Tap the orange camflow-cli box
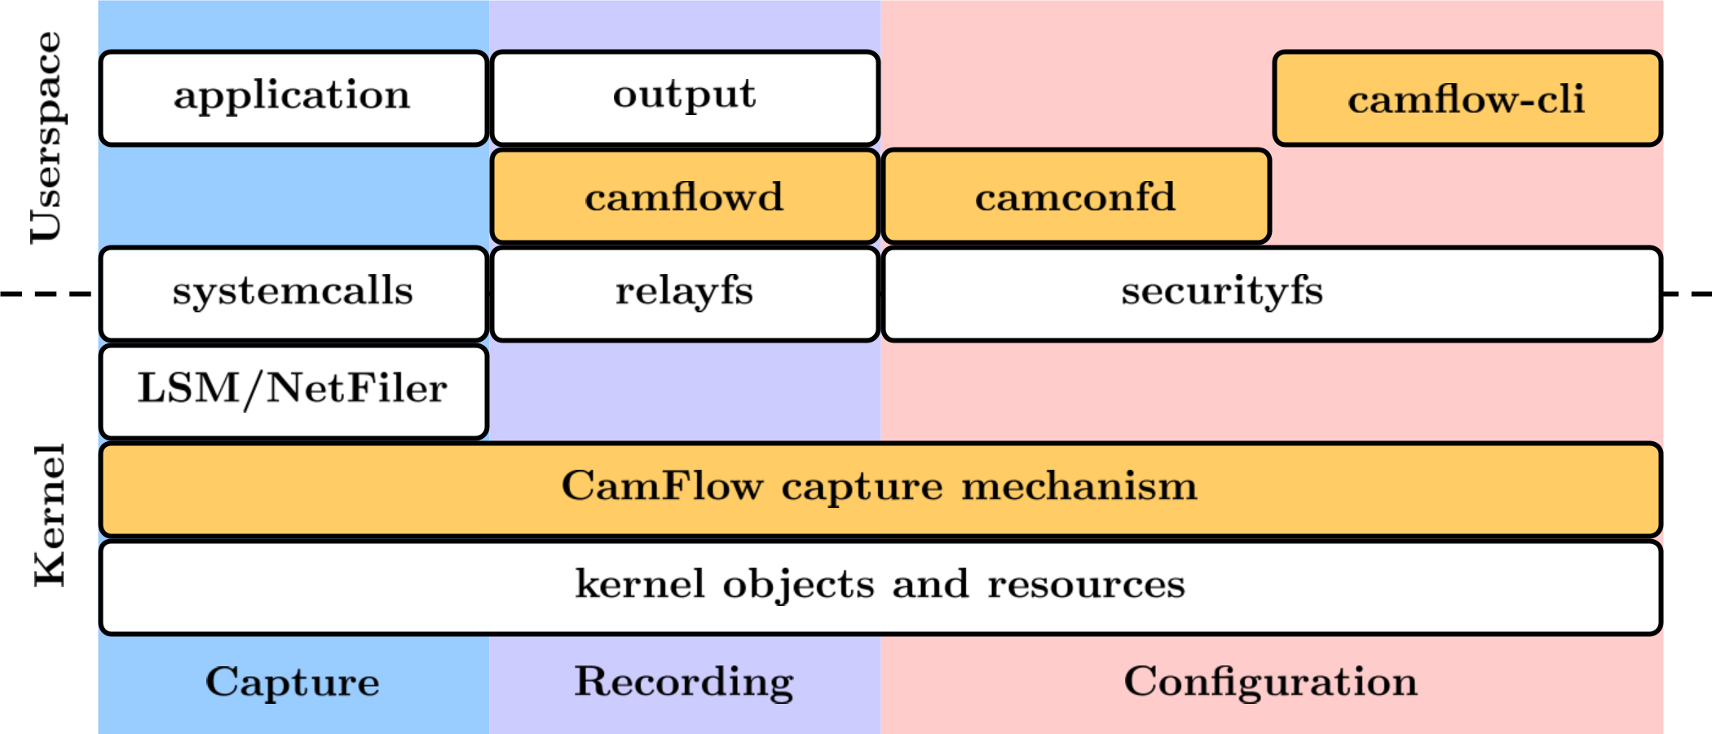[x=1467, y=99]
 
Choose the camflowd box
[x=685, y=197]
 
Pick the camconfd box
[x=1076, y=197]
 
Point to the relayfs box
[x=685, y=293]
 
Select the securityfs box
[x=1272, y=293]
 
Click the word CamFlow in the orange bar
[x=662, y=486]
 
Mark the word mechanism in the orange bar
[x=1079, y=486]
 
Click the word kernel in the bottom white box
[x=640, y=584]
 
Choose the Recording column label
[x=685, y=682]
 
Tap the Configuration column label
[x=1271, y=682]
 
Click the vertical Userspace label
[x=46, y=137]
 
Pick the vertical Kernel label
[x=50, y=515]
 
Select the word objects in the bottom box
[x=798, y=586]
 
